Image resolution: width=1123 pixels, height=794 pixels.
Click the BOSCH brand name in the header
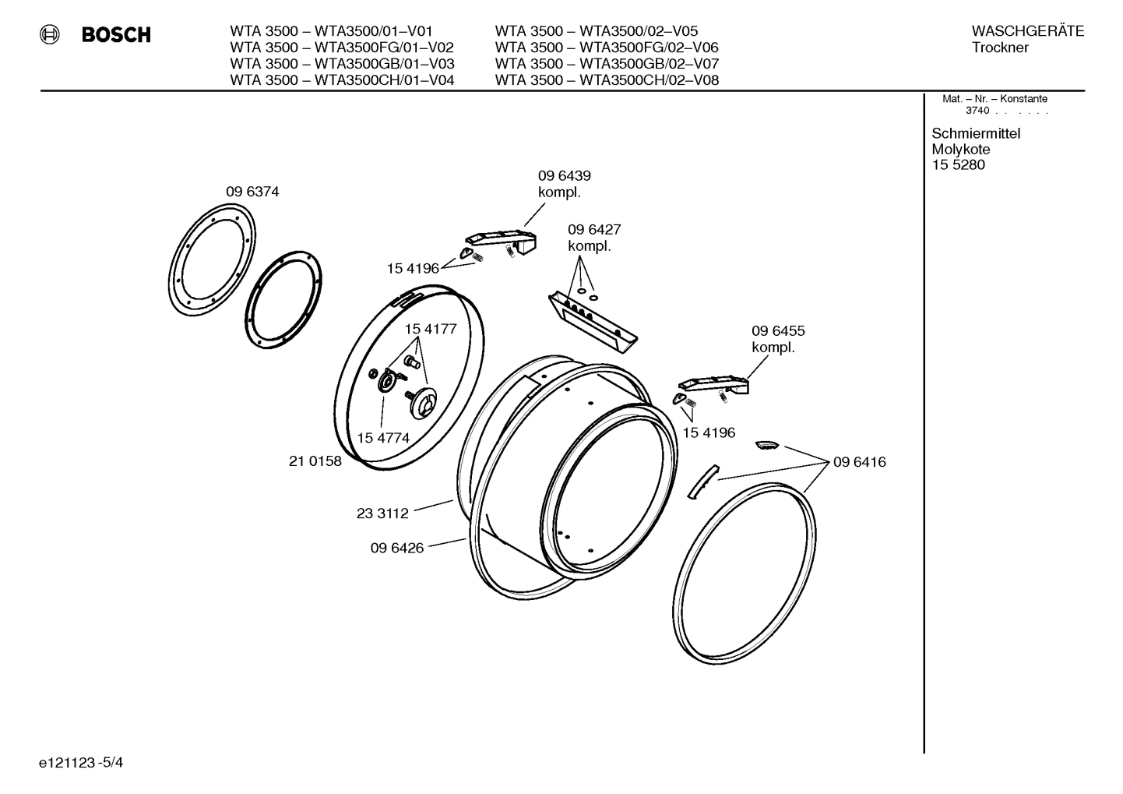(x=116, y=35)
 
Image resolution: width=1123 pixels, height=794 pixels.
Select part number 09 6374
(x=252, y=192)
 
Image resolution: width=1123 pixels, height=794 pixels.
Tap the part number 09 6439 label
(x=564, y=176)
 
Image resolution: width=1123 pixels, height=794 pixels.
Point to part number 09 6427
(x=593, y=230)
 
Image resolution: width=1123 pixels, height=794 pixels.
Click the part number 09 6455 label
(x=777, y=331)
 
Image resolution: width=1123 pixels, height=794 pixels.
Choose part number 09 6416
(x=859, y=462)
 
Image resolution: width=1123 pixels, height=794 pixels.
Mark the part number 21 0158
(x=315, y=461)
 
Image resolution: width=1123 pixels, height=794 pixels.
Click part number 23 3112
(x=382, y=513)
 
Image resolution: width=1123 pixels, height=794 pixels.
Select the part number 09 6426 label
(x=396, y=548)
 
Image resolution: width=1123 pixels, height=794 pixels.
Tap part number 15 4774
(x=383, y=438)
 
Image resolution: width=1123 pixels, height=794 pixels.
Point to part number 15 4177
(x=430, y=329)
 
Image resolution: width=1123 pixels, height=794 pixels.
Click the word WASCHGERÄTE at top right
(x=1027, y=31)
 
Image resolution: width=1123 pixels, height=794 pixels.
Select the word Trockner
(x=1000, y=48)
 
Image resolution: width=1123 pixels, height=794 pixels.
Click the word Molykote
(x=960, y=149)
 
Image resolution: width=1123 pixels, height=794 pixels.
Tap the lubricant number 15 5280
(x=958, y=164)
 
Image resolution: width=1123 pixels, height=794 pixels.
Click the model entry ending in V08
(x=606, y=79)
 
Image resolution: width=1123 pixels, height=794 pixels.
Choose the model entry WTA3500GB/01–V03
(x=342, y=63)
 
